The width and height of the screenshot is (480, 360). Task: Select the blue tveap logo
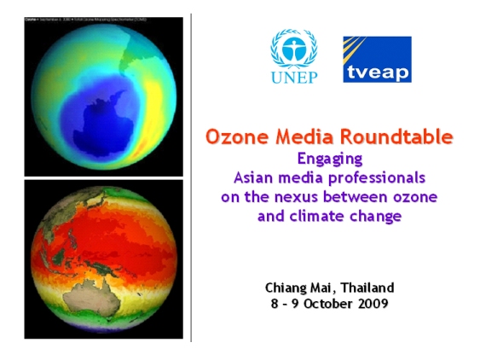(x=377, y=59)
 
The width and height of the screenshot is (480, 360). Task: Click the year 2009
(x=373, y=304)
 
